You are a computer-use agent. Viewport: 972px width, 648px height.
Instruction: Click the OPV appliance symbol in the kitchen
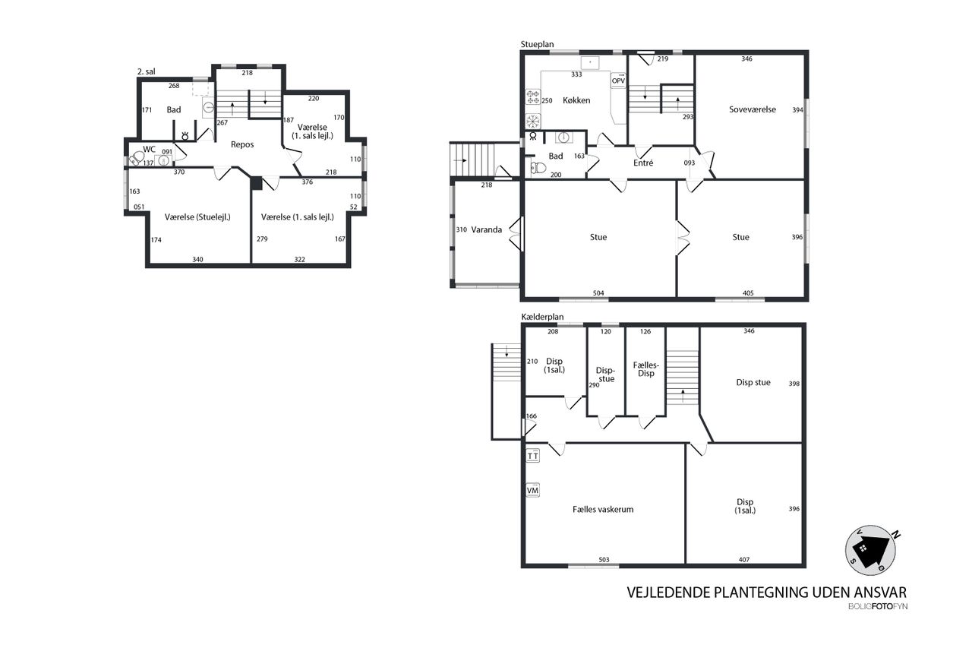[x=618, y=81]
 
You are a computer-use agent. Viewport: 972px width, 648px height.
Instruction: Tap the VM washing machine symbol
[x=533, y=490]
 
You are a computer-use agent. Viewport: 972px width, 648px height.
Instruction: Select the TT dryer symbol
[x=533, y=456]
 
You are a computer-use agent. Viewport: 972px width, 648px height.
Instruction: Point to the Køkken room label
[x=576, y=100]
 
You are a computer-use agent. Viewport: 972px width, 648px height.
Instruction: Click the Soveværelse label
[x=753, y=109]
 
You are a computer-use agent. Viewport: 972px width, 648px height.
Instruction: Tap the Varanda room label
[x=487, y=229]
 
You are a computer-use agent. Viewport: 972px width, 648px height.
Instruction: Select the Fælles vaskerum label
[x=603, y=510]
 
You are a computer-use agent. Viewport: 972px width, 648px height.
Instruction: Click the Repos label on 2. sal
[x=242, y=144]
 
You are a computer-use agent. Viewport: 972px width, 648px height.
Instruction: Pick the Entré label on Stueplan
[x=643, y=163]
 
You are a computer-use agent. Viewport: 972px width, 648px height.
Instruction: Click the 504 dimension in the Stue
[x=598, y=293]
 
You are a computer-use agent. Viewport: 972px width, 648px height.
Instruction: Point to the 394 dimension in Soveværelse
[x=798, y=110]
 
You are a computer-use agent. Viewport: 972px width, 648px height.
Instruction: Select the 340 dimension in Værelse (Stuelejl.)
[x=197, y=259]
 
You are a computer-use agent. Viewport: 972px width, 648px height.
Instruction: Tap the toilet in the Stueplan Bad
[x=538, y=168]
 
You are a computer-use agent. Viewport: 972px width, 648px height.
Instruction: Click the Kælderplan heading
[x=542, y=318]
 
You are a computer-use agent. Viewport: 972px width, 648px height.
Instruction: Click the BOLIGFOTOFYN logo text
[x=878, y=606]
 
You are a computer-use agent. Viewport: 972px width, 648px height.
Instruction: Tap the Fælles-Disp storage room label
[x=645, y=369]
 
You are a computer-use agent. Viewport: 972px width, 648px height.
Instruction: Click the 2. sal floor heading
[x=147, y=71]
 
